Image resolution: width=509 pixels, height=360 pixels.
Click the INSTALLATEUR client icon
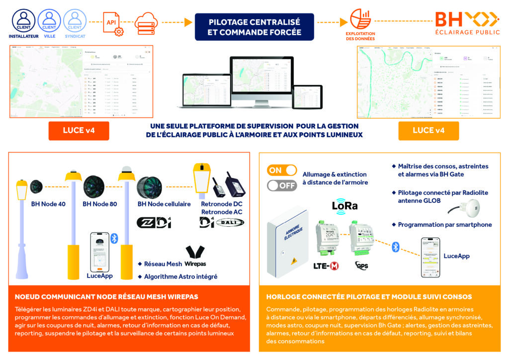pyautogui.click(x=23, y=21)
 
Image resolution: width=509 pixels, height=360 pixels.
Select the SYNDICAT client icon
pyautogui.click(x=75, y=21)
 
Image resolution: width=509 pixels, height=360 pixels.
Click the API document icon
pyautogui.click(x=113, y=23)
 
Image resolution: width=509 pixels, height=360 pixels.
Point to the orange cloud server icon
pyautogui.click(x=146, y=22)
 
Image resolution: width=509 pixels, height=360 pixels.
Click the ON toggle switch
pyautogui.click(x=282, y=171)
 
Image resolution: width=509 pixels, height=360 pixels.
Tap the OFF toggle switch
pyautogui.click(x=282, y=186)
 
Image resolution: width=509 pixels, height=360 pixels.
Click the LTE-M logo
pyautogui.click(x=327, y=267)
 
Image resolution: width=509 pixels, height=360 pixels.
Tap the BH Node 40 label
pyautogui.click(x=48, y=204)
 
